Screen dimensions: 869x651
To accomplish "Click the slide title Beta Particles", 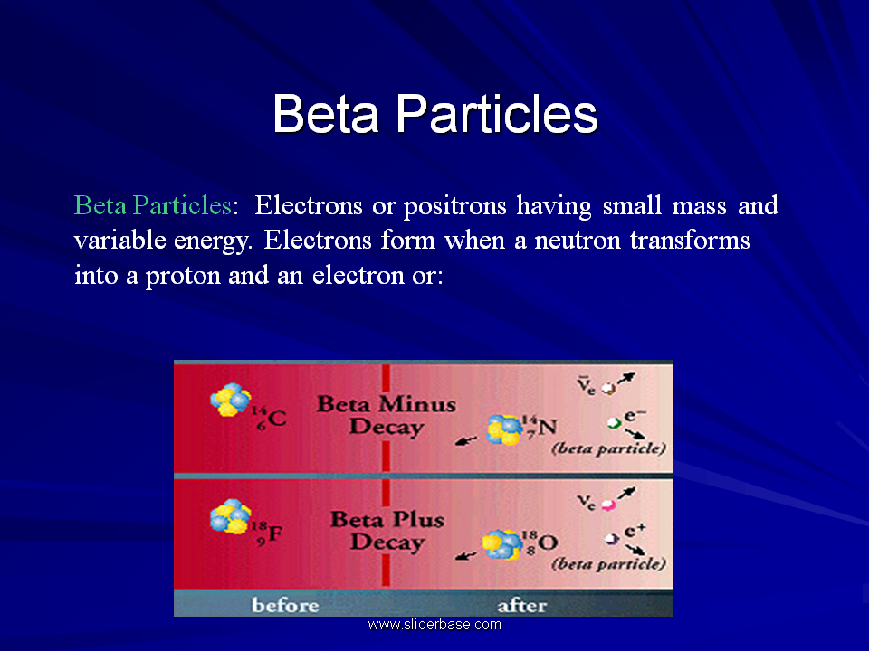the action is click(x=435, y=114).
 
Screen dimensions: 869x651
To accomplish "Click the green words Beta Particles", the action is click(x=152, y=205).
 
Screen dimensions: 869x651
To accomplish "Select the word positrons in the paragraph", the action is click(x=454, y=206).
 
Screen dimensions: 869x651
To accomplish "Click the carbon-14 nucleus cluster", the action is click(x=231, y=400).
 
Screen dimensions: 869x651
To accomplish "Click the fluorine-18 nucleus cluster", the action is click(x=231, y=516).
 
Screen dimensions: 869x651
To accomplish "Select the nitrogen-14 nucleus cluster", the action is click(x=504, y=430).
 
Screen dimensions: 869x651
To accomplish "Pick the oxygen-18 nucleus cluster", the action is click(x=502, y=544).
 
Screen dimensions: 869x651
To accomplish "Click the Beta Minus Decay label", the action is click(x=387, y=415).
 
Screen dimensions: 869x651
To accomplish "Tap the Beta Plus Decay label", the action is click(x=387, y=531).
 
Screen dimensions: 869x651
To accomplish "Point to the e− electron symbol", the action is click(x=635, y=415).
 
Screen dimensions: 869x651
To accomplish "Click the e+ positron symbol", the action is click(x=635, y=531).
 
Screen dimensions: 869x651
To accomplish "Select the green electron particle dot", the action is click(x=614, y=423).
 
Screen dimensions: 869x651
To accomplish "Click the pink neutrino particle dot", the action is click(x=608, y=505).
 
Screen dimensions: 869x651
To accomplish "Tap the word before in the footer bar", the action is click(x=285, y=605).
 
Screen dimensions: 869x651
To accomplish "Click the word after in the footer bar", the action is click(x=522, y=606).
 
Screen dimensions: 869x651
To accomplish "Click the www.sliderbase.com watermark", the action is click(x=434, y=625).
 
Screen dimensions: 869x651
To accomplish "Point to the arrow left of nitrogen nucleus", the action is click(x=466, y=441).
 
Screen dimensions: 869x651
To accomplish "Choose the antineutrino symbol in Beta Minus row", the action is click(x=586, y=385).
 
